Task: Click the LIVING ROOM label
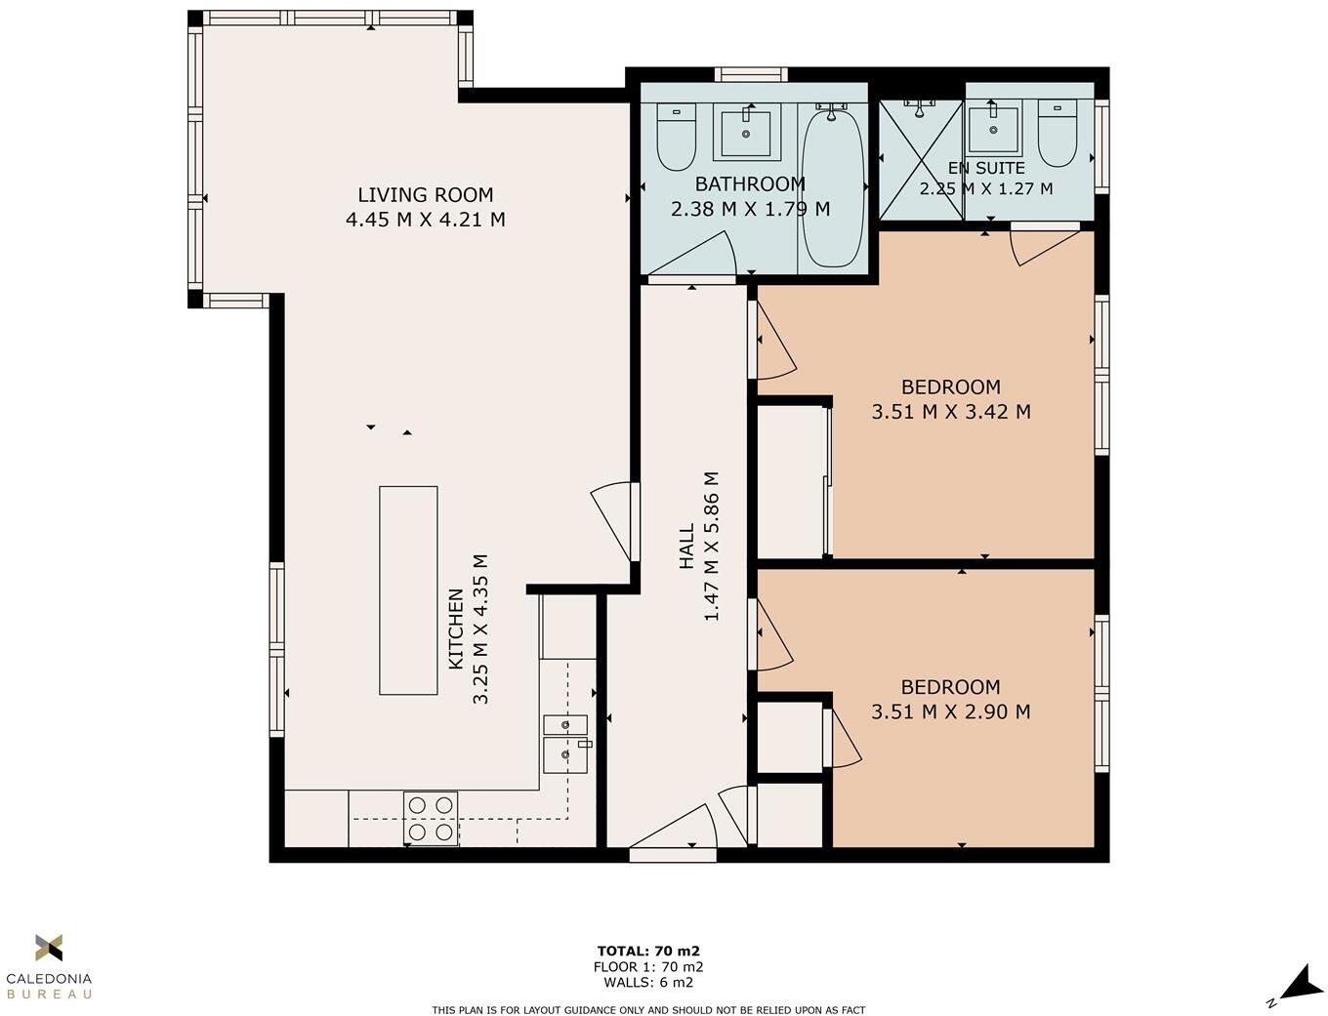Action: pos(426,195)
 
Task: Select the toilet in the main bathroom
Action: pos(676,137)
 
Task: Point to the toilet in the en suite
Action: pos(1057,133)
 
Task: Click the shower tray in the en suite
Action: pos(920,160)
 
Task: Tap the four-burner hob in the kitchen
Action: pos(431,819)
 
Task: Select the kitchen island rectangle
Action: pos(408,590)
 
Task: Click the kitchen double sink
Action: pos(565,744)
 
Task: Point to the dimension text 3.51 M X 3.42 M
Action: pos(951,412)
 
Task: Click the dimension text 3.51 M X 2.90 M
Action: pos(950,711)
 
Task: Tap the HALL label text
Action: pos(686,547)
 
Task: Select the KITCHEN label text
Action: pos(456,629)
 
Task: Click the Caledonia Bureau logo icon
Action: pos(49,948)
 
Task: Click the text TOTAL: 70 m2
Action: pos(648,951)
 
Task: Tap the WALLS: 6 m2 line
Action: pos(648,982)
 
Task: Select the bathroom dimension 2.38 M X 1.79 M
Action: pos(750,209)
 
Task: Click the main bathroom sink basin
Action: pos(746,132)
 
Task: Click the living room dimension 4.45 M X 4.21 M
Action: pos(426,219)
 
